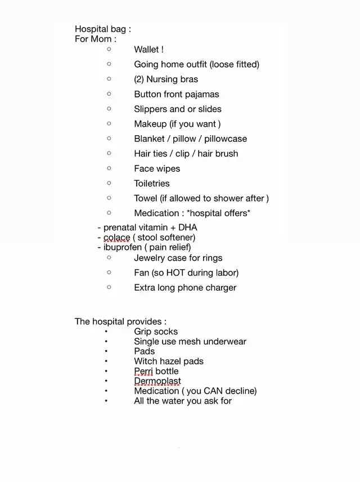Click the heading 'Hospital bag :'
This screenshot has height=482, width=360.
pyautogui.click(x=103, y=29)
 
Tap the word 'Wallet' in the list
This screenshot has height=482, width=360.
pyautogui.click(x=146, y=50)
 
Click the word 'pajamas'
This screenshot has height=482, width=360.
pyautogui.click(x=201, y=94)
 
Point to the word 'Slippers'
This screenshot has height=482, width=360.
pyautogui.click(x=150, y=109)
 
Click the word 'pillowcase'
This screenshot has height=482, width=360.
pyautogui.click(x=225, y=139)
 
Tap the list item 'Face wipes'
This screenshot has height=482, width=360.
pyautogui.click(x=157, y=168)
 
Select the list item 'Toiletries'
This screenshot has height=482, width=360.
pyautogui.click(x=151, y=183)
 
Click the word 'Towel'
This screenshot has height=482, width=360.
pyautogui.click(x=146, y=198)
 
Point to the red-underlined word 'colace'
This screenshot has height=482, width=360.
pyautogui.click(x=116, y=238)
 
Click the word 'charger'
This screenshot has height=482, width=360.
pyautogui.click(x=222, y=288)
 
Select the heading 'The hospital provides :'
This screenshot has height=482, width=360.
pyautogui.click(x=120, y=322)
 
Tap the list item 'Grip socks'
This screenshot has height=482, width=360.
pyautogui.click(x=156, y=332)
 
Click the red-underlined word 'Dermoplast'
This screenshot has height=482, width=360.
pyautogui.click(x=157, y=381)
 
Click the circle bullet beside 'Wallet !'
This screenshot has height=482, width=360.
pyautogui.click(x=109, y=49)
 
